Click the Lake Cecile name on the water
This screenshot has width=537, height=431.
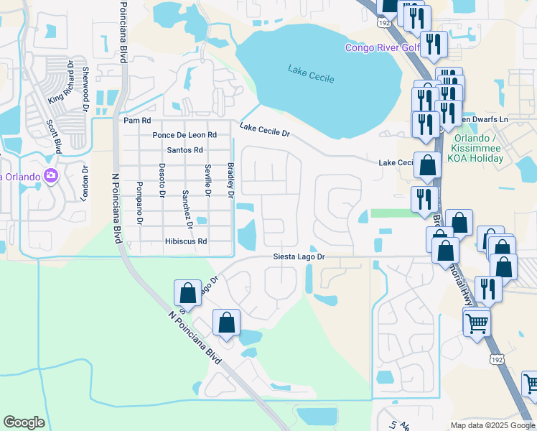tap(311, 73)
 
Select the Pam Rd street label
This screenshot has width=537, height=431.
tap(137, 121)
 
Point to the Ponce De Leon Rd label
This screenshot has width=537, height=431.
tap(184, 135)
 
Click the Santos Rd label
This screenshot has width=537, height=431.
tap(185, 150)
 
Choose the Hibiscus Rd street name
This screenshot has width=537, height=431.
tap(185, 241)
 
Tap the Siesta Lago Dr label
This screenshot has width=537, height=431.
tap(299, 256)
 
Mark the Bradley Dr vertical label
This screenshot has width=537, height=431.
tap(231, 180)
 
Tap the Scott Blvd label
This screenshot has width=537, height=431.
tap(54, 136)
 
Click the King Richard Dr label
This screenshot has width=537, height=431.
tap(62, 81)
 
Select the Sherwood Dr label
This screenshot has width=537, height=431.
tap(85, 83)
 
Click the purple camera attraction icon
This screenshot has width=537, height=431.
tap(50, 175)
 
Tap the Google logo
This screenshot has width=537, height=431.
tap(24, 422)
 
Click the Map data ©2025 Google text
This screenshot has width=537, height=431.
tap(492, 425)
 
